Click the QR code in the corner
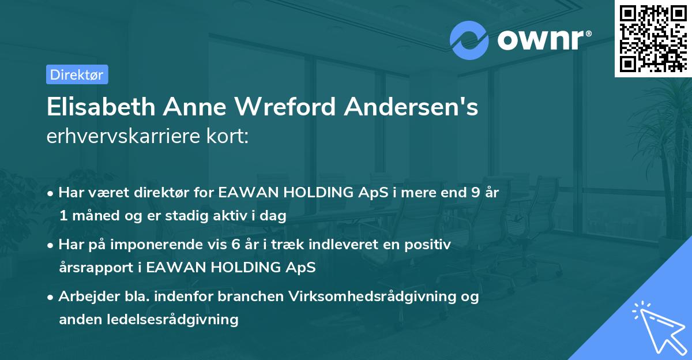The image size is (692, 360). click(653, 38)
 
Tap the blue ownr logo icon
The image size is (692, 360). click(469, 40)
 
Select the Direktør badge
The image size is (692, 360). click(77, 74)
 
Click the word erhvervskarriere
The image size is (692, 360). click(121, 137)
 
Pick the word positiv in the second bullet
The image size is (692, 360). click(427, 245)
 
